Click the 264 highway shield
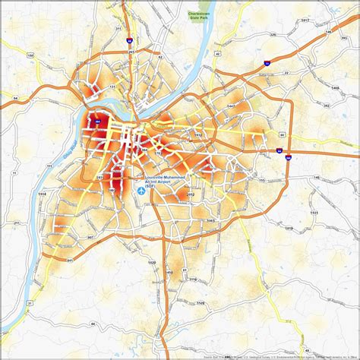98,118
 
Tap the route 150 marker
28,55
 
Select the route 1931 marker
99,177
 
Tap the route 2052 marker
191,195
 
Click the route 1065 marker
210,219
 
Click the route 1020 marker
152,262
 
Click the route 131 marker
113,87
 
